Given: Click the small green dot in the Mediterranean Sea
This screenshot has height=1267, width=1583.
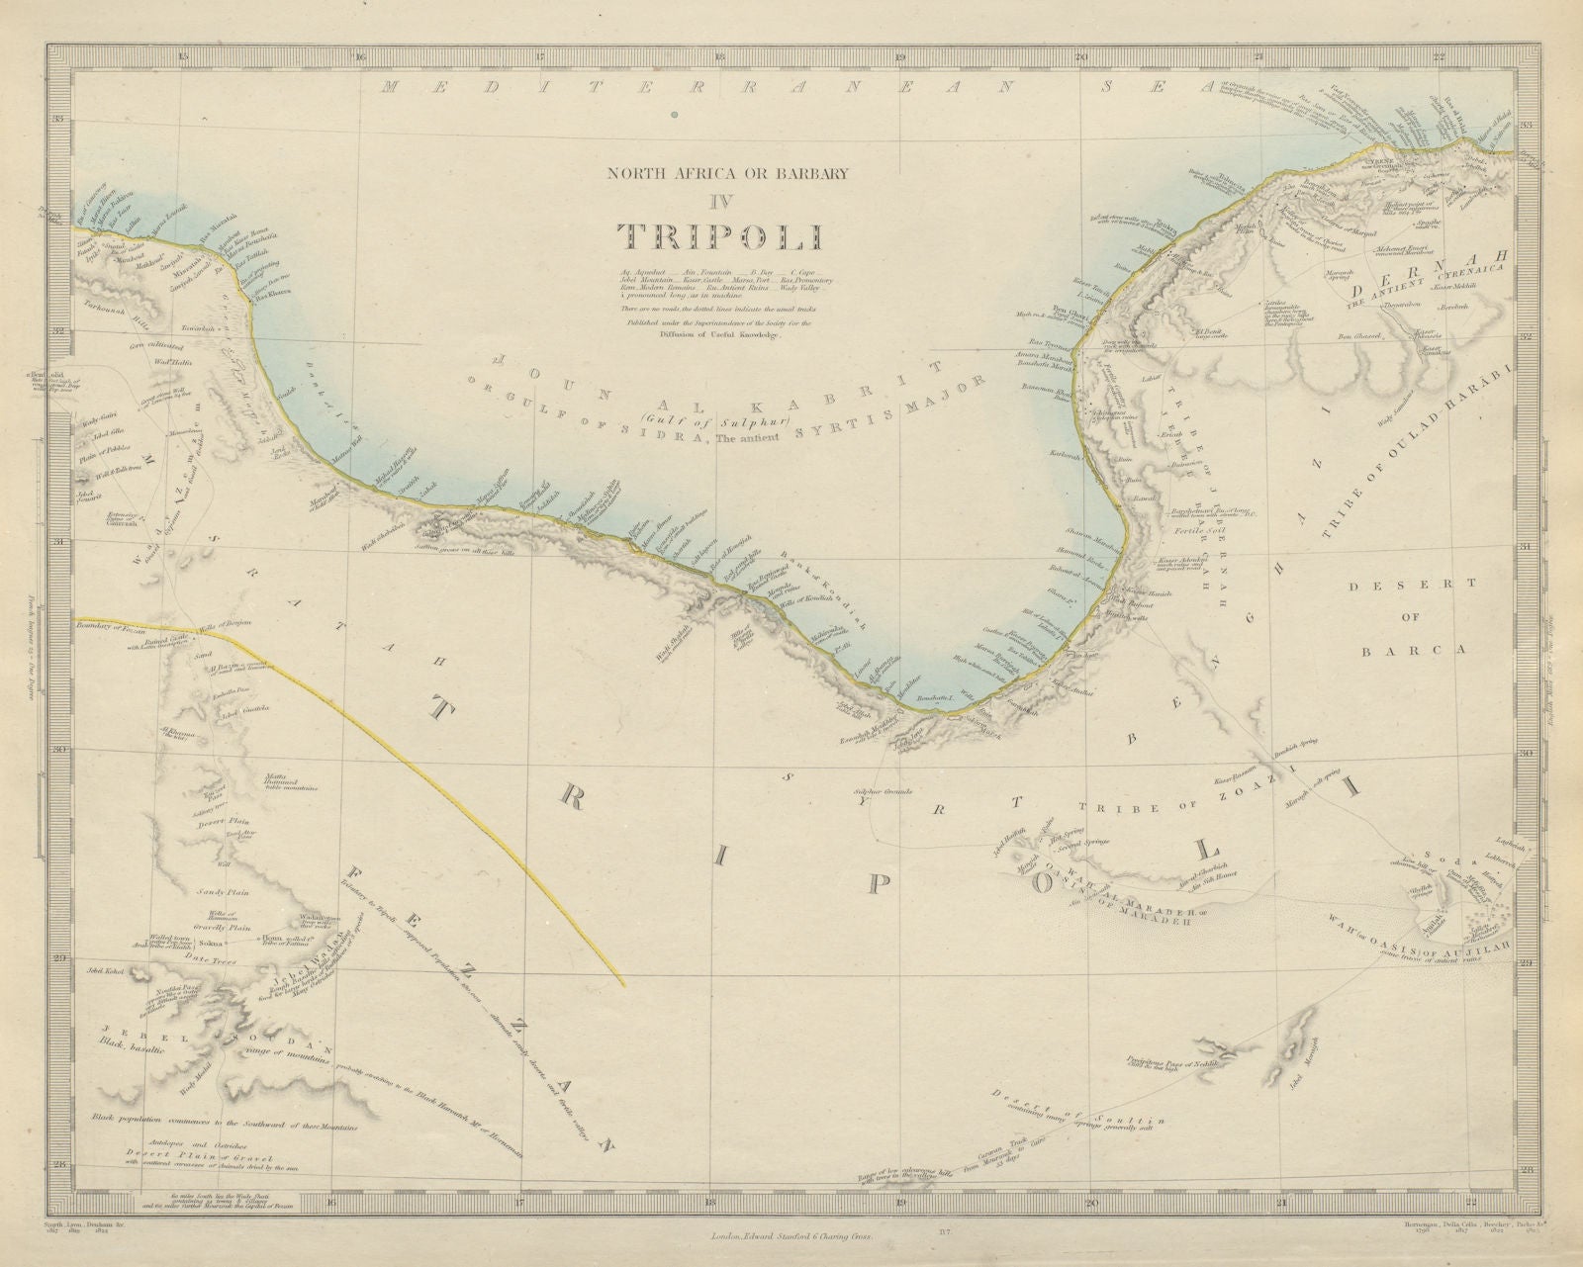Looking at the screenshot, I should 674,116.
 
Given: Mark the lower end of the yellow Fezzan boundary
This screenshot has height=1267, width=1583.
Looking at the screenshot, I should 622,984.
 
